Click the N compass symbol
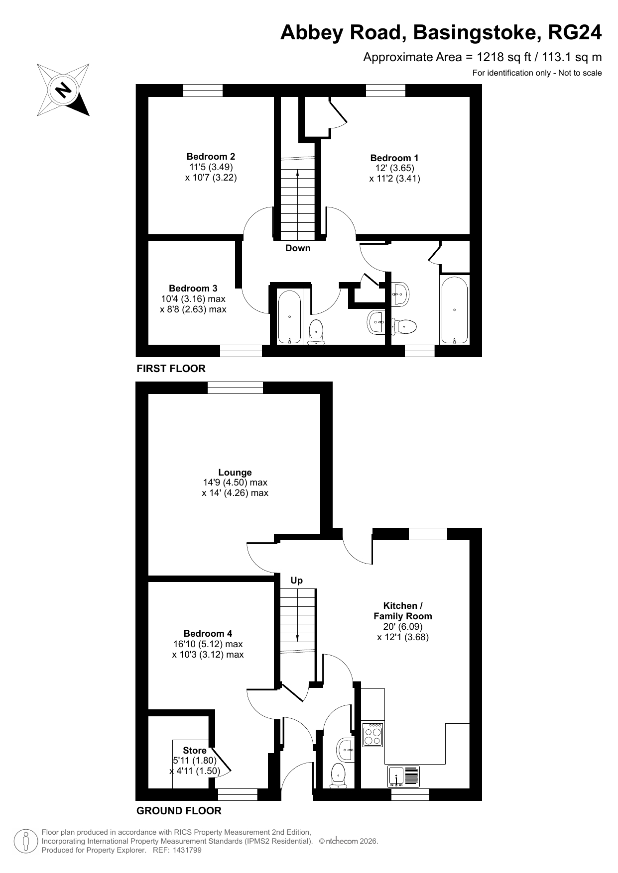coord(63,90)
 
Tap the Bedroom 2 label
coord(211,156)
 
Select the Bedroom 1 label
coord(394,158)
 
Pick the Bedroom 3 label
coord(193,288)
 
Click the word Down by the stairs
coord(298,248)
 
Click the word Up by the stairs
coord(297,580)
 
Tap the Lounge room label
coord(235,472)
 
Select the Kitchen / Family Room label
coord(403,611)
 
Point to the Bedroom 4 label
coord(208,633)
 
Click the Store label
coord(195,750)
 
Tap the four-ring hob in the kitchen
coord(372,734)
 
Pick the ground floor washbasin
coord(346,750)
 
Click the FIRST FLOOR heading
coord(171,369)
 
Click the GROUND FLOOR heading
coord(179,811)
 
